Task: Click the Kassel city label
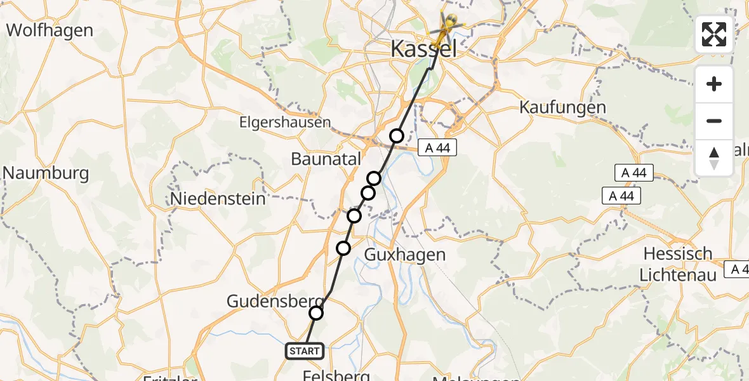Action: pyautogui.click(x=423, y=48)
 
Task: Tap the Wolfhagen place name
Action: pyautogui.click(x=50, y=30)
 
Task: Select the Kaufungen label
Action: pyautogui.click(x=562, y=107)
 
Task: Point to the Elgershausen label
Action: pyautogui.click(x=285, y=122)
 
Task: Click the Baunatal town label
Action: pyautogui.click(x=326, y=159)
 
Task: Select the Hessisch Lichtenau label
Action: pyautogui.click(x=679, y=264)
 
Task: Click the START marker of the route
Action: pyautogui.click(x=305, y=351)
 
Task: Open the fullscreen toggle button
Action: pyautogui.click(x=714, y=34)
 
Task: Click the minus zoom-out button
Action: pyautogui.click(x=714, y=121)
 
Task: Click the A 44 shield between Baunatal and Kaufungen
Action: pyautogui.click(x=437, y=147)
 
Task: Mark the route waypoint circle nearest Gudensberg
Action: pyautogui.click(x=316, y=312)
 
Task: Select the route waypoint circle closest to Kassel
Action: pyautogui.click(x=397, y=135)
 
